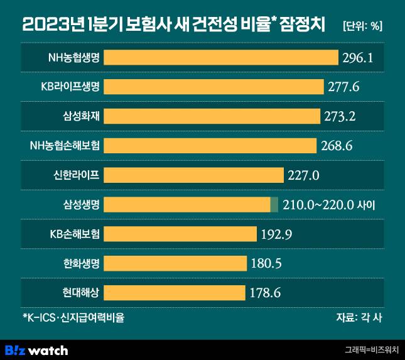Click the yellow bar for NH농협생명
[x=221, y=58]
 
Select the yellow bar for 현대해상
[x=174, y=293]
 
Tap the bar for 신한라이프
[x=193, y=175]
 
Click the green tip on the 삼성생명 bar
[x=274, y=205]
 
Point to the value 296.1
[x=359, y=58]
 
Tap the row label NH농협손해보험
[x=65, y=146]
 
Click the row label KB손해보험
[x=75, y=234]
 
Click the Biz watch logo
[x=36, y=350]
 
